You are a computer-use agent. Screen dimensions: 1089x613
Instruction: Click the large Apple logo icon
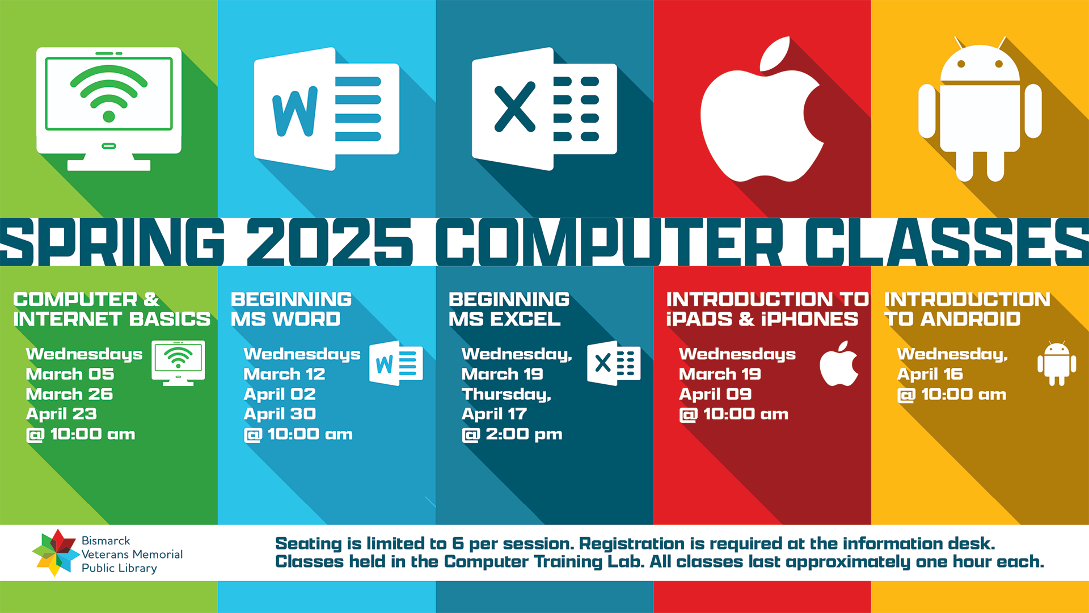pyautogui.click(x=762, y=114)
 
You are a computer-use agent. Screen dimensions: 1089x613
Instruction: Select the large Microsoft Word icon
pyautogui.click(x=327, y=109)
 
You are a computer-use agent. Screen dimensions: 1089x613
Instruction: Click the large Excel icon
pyautogui.click(x=544, y=109)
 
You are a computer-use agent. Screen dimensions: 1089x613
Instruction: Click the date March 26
pyautogui.click(x=69, y=394)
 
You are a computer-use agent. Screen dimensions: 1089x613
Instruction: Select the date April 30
pyautogui.click(x=280, y=414)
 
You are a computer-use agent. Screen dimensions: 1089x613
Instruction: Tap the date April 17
pyautogui.click(x=494, y=414)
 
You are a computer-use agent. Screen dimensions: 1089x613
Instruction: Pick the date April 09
pyautogui.click(x=715, y=394)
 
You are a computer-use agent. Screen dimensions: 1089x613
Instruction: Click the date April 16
pyautogui.click(x=930, y=374)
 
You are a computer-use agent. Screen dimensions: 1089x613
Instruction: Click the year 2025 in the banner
pyautogui.click(x=330, y=242)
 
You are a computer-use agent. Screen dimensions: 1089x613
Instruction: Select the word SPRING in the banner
pyautogui.click(x=113, y=242)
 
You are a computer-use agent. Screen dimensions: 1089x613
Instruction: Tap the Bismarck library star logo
pyautogui.click(x=55, y=553)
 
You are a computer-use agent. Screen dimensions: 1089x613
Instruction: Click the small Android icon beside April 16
pyautogui.click(x=1057, y=363)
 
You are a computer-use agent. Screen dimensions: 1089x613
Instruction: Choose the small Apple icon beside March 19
pyautogui.click(x=839, y=363)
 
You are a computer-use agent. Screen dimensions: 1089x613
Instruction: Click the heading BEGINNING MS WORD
pyautogui.click(x=291, y=309)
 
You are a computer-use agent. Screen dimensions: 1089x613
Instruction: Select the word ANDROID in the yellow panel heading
pyautogui.click(x=970, y=319)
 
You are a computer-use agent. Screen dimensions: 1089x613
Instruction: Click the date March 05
pyautogui.click(x=70, y=374)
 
